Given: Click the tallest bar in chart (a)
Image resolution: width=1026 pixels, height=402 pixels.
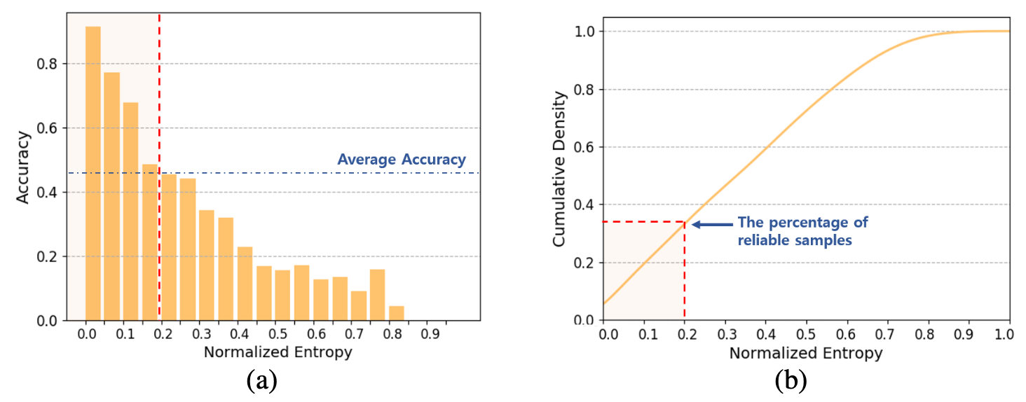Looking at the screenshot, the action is [93, 174].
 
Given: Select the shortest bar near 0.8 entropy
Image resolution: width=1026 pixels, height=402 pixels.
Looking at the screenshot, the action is [397, 313].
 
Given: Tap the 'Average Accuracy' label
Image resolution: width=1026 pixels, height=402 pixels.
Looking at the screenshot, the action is [402, 160].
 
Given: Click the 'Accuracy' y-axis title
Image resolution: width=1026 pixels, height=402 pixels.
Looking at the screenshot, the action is [22, 167].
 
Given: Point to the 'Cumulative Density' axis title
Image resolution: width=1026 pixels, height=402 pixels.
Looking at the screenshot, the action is [559, 169].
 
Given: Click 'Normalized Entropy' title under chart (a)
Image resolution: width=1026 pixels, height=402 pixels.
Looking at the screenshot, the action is [278, 352].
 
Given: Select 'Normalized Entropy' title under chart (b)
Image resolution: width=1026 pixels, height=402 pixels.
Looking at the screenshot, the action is [806, 353].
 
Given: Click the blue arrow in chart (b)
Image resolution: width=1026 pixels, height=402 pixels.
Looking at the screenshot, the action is [712, 224].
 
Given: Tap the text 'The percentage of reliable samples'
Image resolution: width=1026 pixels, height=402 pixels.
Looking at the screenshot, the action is [802, 231].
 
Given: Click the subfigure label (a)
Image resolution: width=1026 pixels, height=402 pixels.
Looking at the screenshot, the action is [262, 380].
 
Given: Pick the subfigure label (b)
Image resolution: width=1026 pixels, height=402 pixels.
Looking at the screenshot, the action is [791, 380].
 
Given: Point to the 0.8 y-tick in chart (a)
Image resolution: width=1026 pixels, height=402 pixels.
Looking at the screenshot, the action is [47, 64].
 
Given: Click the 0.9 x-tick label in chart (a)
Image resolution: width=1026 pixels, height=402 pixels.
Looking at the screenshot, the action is [430, 334].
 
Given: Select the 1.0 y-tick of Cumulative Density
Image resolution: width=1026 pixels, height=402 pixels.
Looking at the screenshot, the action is [584, 32].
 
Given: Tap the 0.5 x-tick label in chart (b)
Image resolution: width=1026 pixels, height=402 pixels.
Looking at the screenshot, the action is [806, 334].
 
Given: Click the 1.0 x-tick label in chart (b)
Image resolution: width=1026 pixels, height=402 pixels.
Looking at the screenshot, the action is [1004, 334].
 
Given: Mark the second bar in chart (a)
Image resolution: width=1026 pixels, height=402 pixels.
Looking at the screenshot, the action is [111, 196].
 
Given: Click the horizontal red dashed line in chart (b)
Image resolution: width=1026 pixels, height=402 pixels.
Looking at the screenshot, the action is [644, 222].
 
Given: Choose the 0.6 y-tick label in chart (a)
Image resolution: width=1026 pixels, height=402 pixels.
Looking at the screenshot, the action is [47, 128].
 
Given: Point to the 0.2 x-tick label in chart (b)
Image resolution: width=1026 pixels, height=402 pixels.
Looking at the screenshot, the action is [687, 334].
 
